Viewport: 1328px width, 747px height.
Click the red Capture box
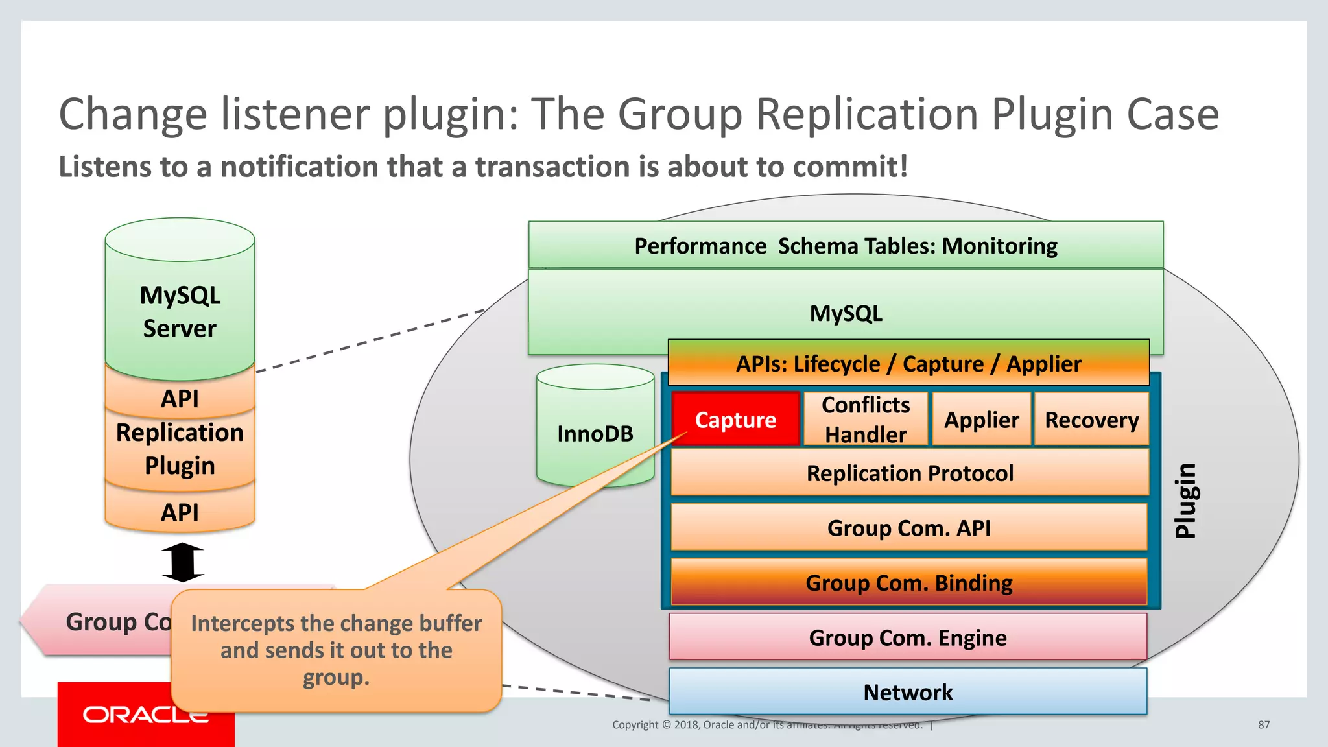[x=735, y=419]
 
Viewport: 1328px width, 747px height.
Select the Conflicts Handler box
[x=866, y=419]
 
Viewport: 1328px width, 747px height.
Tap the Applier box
[x=981, y=419]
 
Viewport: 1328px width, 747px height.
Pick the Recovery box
[x=1091, y=419]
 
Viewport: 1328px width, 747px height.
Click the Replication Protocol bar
[x=909, y=473]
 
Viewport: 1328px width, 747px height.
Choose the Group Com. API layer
[x=909, y=527]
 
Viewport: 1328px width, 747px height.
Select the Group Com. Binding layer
[x=909, y=582]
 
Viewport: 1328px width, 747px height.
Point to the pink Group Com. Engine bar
[x=908, y=637]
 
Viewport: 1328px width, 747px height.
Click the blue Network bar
[x=908, y=692]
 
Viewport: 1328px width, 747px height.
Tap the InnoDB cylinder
[x=595, y=433]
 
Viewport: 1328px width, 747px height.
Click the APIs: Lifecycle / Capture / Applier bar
[x=908, y=363]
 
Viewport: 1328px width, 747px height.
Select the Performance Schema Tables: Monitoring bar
[x=846, y=245]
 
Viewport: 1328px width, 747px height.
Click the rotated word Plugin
[x=1186, y=500]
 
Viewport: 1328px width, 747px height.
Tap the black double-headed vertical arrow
[x=182, y=562]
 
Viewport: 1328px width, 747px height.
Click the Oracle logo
[x=145, y=714]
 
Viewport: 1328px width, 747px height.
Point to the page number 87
[x=1264, y=724]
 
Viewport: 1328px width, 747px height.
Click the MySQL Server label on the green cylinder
[x=180, y=311]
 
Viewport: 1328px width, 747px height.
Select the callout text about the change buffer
[x=336, y=650]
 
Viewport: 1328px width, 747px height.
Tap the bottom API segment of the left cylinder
[x=180, y=512]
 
